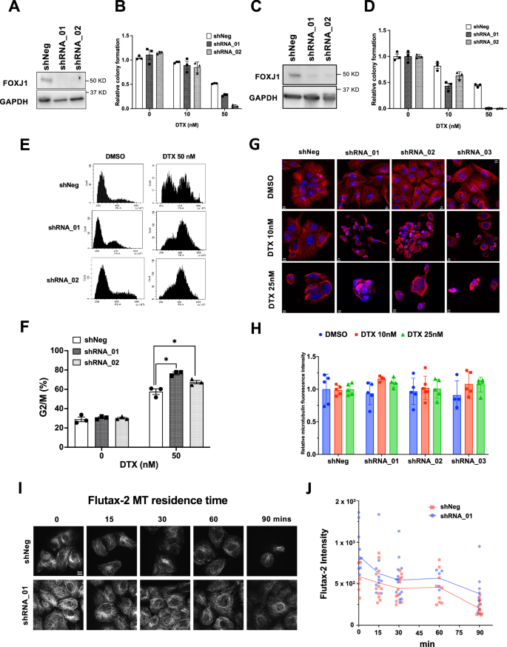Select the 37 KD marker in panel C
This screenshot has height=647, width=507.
click(340, 90)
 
